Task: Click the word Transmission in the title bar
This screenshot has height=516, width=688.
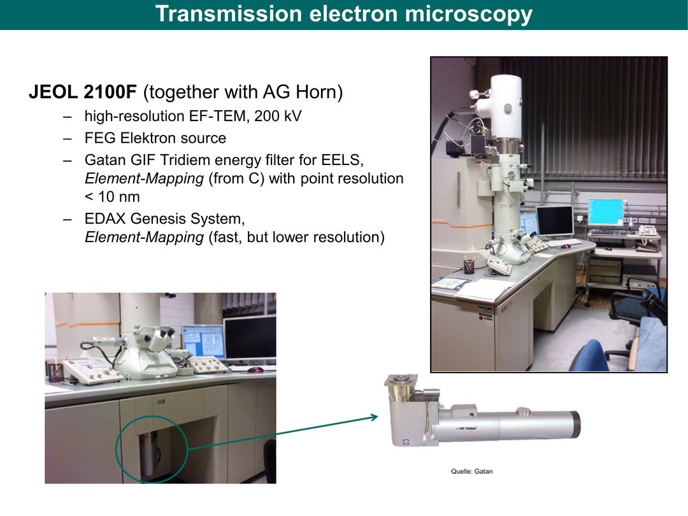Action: point(228,13)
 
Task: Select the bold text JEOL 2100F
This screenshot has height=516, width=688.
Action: point(83,92)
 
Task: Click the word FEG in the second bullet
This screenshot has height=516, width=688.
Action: point(100,138)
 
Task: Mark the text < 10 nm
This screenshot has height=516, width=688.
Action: point(112,197)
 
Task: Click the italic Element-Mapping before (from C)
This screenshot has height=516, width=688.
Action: point(145,178)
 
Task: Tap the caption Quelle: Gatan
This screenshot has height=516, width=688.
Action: point(471,471)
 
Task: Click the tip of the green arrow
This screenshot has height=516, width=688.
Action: point(378,416)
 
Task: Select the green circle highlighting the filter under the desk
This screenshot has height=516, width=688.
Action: point(116,448)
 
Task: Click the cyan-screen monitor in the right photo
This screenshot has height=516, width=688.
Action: point(606,213)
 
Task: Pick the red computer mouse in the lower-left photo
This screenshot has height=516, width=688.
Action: point(255,370)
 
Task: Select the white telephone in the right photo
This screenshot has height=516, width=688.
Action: point(647,231)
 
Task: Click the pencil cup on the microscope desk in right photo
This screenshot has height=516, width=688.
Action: point(469,266)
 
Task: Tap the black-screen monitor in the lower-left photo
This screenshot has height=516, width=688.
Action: point(250,337)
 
